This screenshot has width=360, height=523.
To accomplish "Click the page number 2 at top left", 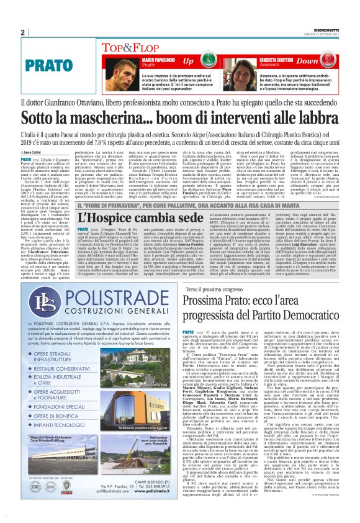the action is [22, 32].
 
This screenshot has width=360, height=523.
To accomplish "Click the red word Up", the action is [188, 60].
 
